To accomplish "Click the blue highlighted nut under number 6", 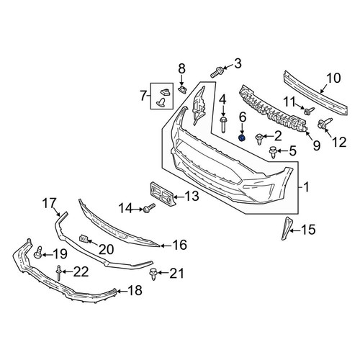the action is [242, 138].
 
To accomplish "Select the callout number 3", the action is [238, 63].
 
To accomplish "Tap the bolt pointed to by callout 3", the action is [217, 72].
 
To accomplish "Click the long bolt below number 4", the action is [223, 124].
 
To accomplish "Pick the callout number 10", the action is [333, 78].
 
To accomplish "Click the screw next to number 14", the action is [149, 208].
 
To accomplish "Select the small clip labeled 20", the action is [84, 238].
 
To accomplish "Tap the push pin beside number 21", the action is [153, 274].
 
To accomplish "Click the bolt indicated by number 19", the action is [38, 253].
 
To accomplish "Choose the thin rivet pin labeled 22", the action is [58, 273].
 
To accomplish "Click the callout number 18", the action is [135, 290].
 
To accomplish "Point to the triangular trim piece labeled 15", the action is [285, 228].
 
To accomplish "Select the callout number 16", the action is [180, 245].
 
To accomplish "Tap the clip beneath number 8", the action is [183, 89].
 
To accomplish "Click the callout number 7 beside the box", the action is [143, 96].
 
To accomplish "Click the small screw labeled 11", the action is [309, 111].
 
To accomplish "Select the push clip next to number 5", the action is [273, 152].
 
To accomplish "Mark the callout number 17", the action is [49, 203].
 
